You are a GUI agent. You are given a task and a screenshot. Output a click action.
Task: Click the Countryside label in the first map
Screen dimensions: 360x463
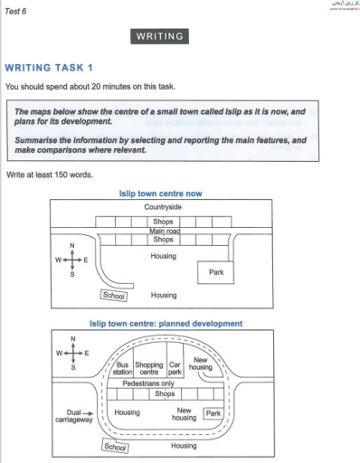pos(163,207)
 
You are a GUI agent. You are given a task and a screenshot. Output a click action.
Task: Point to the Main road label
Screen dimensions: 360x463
pos(163,231)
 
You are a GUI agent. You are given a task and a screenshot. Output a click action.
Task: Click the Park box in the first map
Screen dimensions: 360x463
pos(215,271)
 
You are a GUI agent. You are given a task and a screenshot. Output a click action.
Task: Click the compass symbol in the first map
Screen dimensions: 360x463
pos(72,260)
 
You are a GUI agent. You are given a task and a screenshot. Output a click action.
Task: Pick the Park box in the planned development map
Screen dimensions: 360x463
pos(213,413)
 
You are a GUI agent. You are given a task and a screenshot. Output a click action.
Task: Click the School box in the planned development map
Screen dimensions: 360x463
pos(115,446)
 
